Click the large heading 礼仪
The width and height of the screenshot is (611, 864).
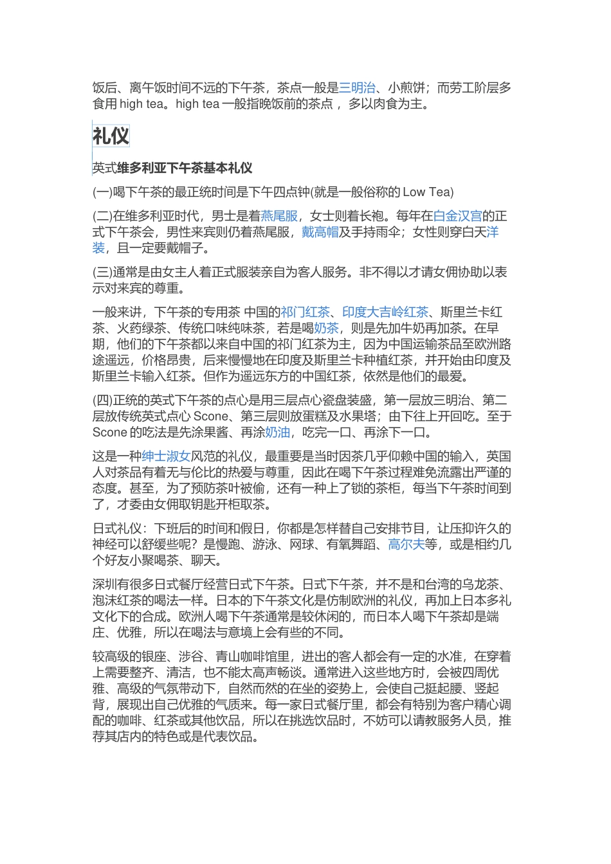pos(111,136)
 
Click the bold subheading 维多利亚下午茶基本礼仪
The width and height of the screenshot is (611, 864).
pos(185,168)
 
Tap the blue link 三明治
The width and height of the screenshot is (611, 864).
pos(357,87)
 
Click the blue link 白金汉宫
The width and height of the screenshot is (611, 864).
pos(457,216)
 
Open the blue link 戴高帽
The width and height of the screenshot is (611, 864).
pos(320,232)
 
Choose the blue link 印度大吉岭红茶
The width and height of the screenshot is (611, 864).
pos(385,312)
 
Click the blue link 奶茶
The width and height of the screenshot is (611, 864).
pos(326,328)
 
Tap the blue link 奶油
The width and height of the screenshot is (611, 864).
pos(277,433)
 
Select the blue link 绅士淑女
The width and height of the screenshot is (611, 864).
pos(166,456)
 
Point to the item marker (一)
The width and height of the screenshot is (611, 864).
pos(102,192)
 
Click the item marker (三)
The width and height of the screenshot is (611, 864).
pos(102,273)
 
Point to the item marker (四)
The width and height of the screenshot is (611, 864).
pos(102,401)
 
